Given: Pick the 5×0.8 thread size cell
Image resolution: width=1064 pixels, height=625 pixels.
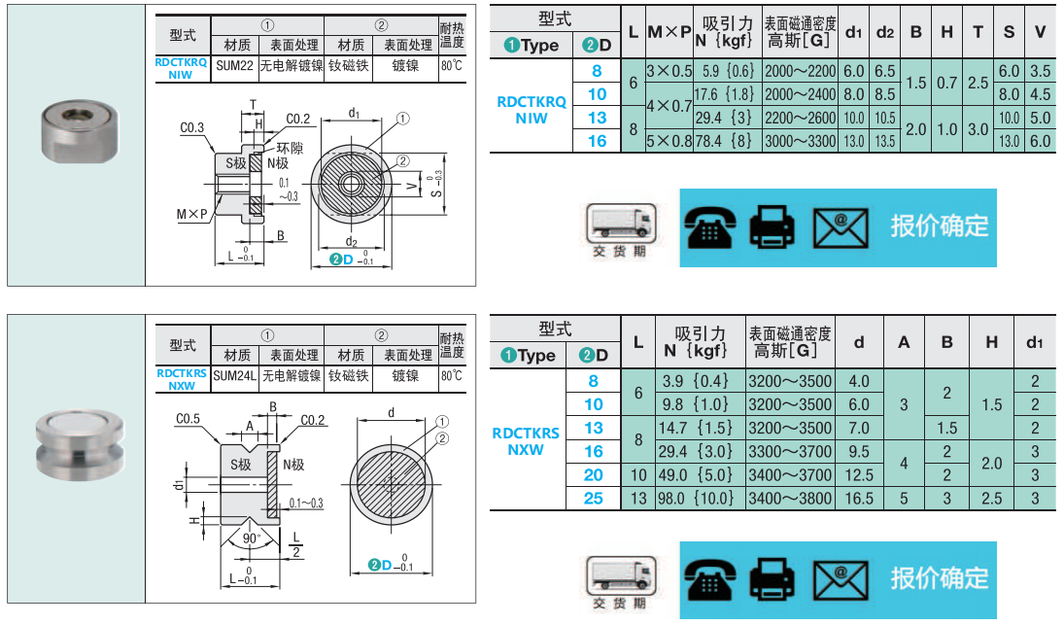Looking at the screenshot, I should point(669,141).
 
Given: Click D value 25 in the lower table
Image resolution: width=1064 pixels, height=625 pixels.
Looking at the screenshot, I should point(593,498).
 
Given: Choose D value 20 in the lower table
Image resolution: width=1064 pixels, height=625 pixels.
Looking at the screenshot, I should point(593,474).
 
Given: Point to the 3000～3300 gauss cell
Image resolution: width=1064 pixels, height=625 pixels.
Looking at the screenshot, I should point(800,141).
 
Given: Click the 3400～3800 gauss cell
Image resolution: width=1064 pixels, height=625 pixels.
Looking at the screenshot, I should point(790,498).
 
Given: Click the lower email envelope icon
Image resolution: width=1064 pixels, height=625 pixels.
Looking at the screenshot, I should point(841,580).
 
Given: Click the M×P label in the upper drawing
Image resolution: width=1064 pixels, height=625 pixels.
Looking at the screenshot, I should point(191,214).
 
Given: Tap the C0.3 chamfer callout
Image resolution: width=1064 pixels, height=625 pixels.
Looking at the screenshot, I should point(191,127).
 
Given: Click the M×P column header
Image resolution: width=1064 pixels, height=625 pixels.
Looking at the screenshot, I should point(669,32).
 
